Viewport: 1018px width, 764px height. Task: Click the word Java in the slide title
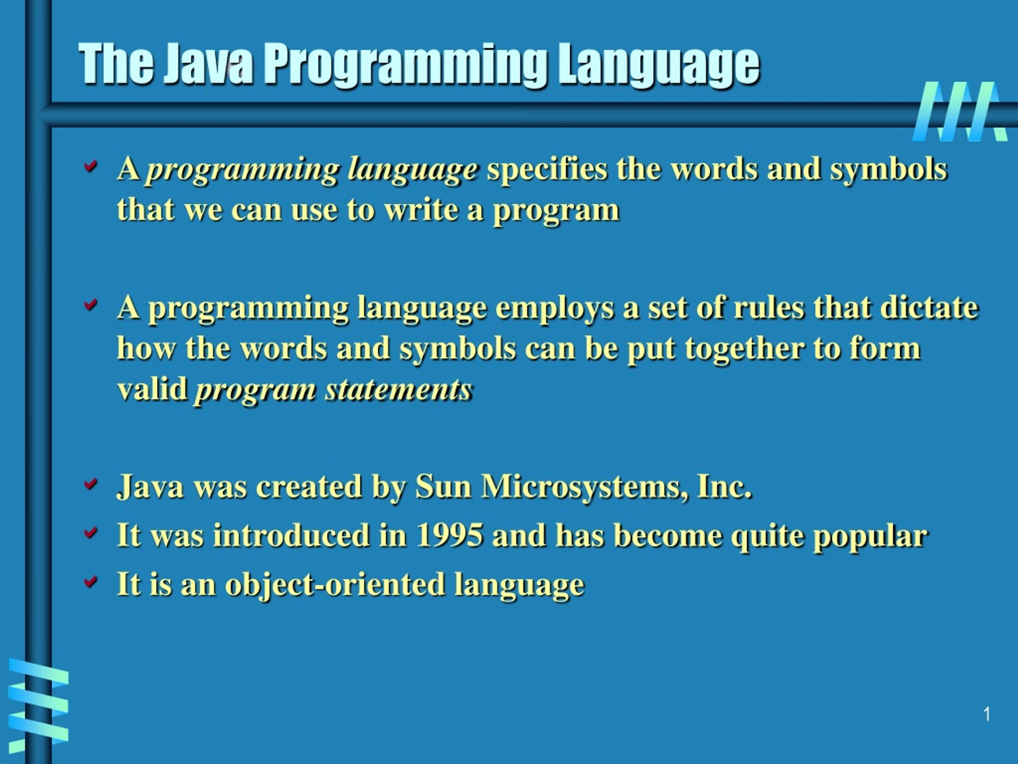click(x=208, y=64)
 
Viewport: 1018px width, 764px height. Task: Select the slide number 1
click(x=987, y=714)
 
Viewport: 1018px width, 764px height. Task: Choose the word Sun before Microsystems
click(x=443, y=486)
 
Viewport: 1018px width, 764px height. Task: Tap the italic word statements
click(x=398, y=390)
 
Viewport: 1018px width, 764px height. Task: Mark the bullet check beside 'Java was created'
click(x=91, y=483)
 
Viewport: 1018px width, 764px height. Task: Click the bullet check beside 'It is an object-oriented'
click(x=91, y=581)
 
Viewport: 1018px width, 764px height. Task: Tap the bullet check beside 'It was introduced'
click(x=91, y=532)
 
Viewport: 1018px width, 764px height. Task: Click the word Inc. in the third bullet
click(x=725, y=486)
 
